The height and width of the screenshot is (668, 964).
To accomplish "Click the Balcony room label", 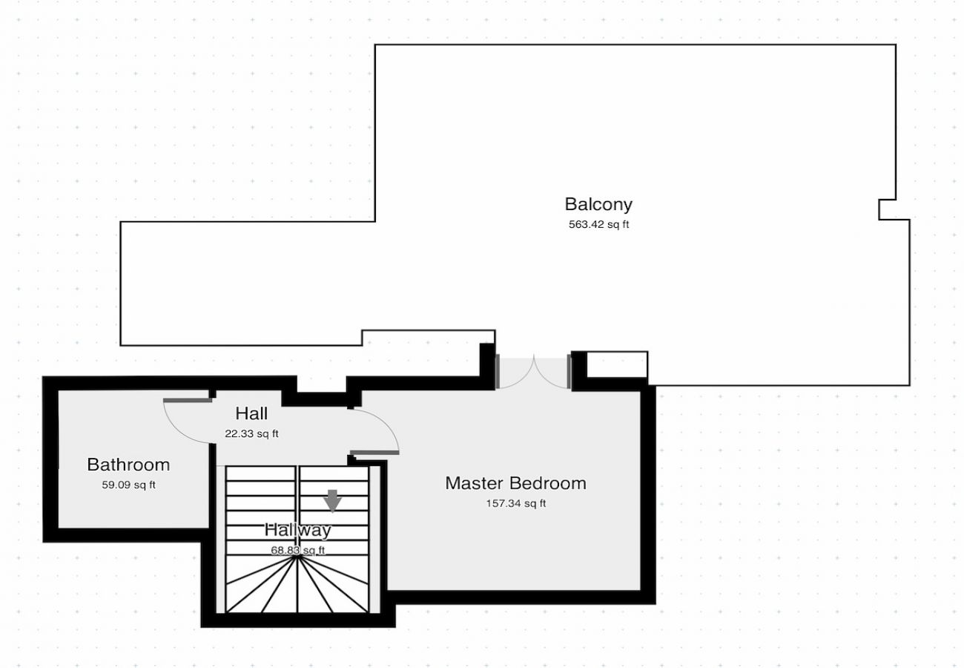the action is pos(598,205).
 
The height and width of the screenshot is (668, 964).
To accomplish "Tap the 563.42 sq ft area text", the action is pos(598,224).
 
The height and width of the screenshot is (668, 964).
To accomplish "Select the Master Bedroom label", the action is pos(515,483).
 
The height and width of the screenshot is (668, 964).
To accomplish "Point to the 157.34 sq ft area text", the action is pos(516,503).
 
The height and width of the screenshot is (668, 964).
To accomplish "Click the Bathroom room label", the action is pos(128,465).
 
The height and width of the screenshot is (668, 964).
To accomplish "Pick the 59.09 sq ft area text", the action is pos(129,485).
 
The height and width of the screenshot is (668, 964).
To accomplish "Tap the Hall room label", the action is pos(251,413).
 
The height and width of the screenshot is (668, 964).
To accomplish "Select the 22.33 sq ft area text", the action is pos(252,433).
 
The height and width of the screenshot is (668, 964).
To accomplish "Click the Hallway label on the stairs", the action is pos(298,530).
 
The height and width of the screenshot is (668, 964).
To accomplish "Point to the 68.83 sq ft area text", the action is pos(298,551).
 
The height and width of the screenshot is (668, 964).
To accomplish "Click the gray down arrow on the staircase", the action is pos(332,501).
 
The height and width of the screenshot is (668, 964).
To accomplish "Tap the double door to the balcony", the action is pos(534,373).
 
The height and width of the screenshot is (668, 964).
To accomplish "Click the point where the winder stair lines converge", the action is pos(297,557).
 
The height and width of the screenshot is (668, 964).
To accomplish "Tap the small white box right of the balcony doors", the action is pos(617,364).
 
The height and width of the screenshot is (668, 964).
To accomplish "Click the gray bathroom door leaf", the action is pos(188,401).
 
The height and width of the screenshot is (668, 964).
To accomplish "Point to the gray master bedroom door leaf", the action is pos(374,453).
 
